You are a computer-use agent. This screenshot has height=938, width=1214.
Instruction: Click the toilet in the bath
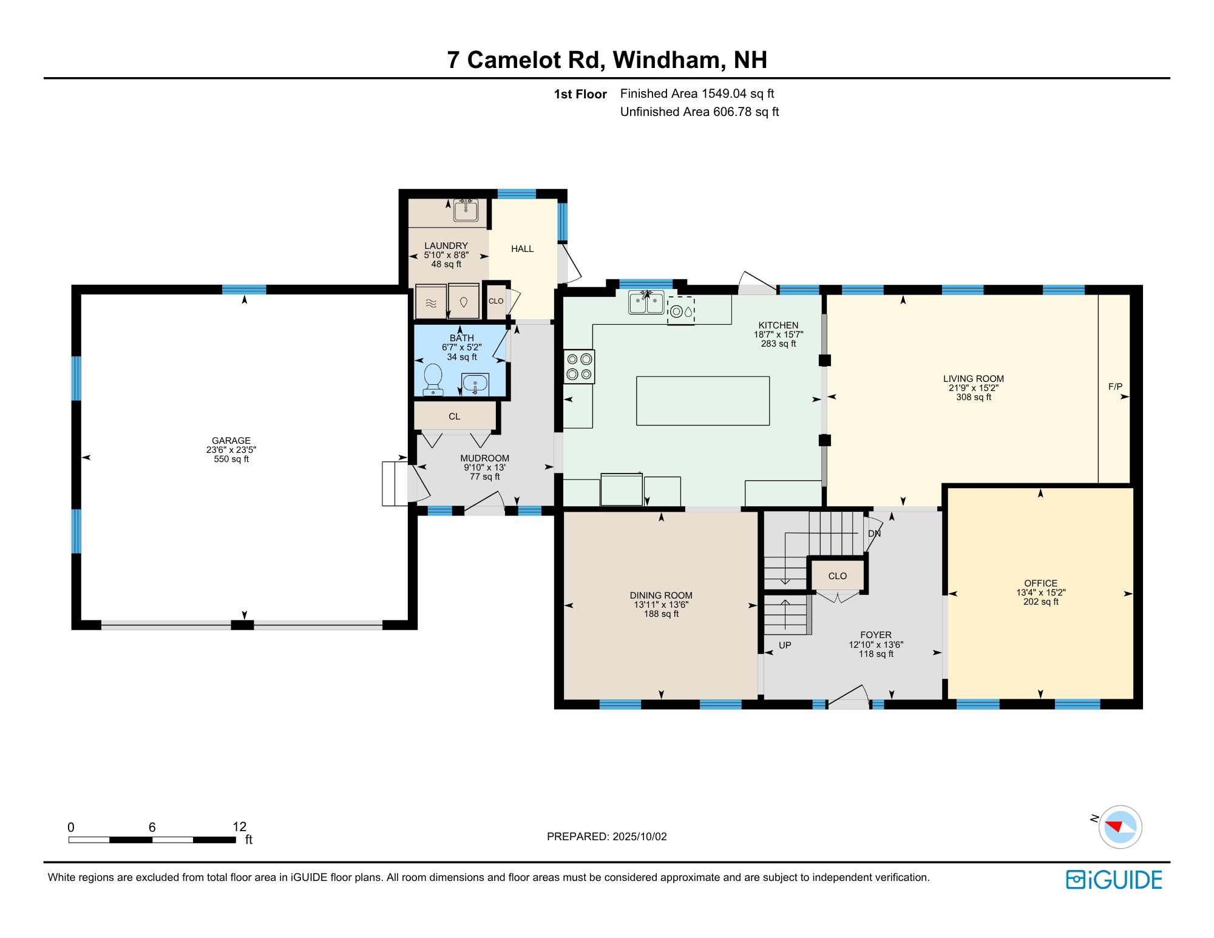point(433,378)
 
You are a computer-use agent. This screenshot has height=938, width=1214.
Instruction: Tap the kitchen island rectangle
point(702,401)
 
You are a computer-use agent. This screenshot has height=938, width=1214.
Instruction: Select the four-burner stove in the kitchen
point(579,367)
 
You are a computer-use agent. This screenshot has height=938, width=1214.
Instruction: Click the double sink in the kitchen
point(646,302)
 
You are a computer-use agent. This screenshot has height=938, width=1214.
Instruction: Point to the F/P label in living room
point(1115,386)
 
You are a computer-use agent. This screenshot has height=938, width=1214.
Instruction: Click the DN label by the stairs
point(874,534)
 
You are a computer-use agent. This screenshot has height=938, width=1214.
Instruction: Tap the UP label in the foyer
point(785,645)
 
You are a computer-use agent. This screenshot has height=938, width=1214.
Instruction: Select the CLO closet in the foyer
point(837,576)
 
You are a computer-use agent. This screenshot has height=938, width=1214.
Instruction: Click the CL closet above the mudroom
point(455,416)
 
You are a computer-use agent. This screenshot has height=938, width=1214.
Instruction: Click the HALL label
point(522,249)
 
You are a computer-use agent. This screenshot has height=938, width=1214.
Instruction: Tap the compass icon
point(1120,827)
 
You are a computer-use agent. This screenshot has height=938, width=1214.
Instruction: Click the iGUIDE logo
point(1114,880)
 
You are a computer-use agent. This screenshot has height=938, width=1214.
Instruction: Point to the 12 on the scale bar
point(240,826)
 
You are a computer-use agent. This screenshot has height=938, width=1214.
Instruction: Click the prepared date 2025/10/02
point(639,837)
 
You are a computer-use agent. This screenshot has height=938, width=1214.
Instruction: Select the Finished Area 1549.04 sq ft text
point(697,93)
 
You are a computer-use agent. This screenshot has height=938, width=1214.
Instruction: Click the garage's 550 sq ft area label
point(231,460)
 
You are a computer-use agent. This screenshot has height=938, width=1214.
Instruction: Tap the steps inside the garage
point(395,483)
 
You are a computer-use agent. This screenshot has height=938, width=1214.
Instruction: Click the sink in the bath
point(475,384)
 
